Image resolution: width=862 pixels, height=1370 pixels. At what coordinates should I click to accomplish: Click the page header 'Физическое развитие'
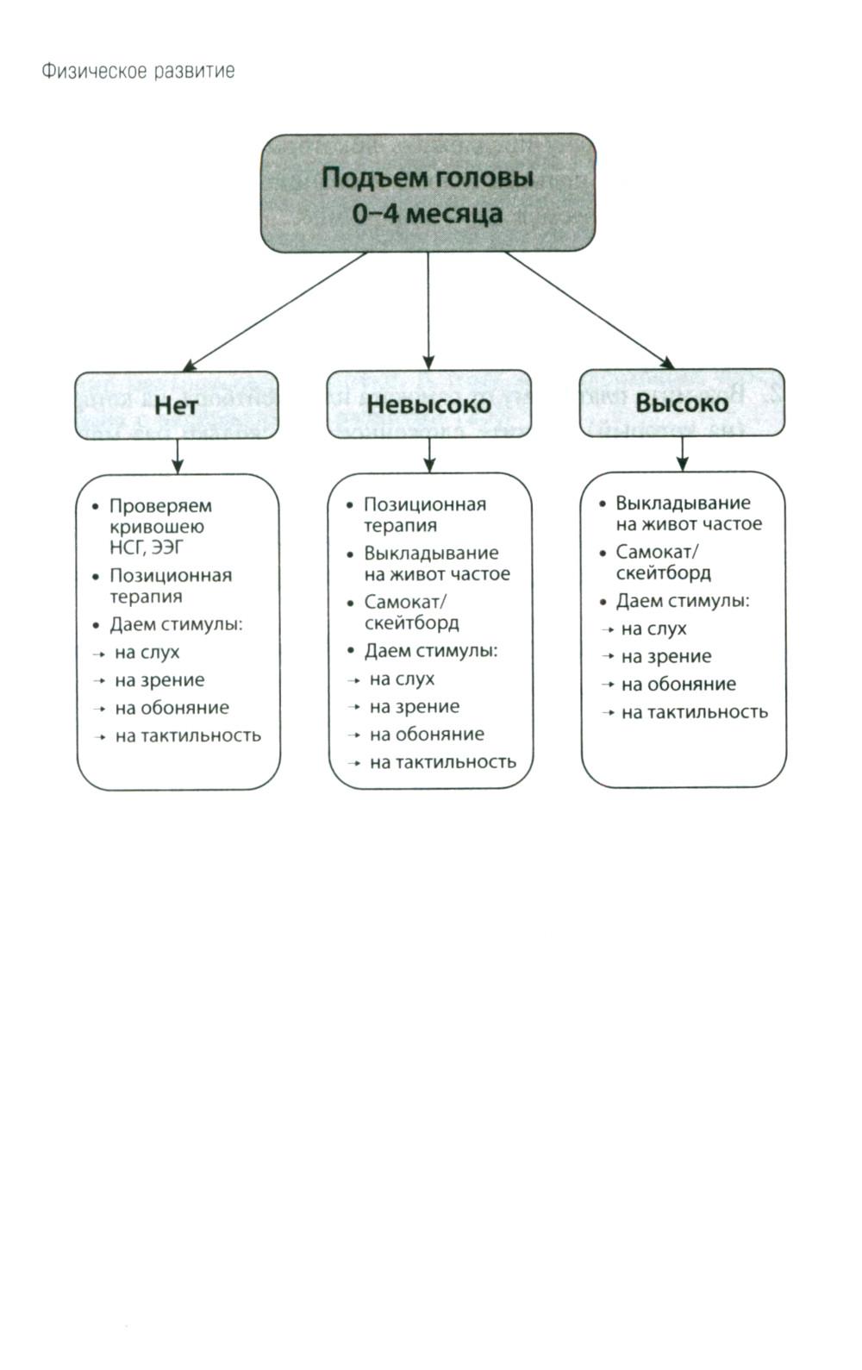pyautogui.click(x=138, y=71)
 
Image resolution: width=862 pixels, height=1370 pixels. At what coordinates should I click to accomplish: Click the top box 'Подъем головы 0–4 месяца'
pyautogui.click(x=428, y=194)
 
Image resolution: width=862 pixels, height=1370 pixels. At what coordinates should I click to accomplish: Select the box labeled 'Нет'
pyautogui.click(x=176, y=405)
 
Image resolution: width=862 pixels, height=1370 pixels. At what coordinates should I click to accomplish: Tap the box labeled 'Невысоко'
pyautogui.click(x=428, y=403)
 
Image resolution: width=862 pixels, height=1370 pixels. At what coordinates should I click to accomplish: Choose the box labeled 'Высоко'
pyautogui.click(x=682, y=403)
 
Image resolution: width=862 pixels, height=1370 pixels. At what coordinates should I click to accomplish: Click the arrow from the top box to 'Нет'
pyautogui.click(x=276, y=312)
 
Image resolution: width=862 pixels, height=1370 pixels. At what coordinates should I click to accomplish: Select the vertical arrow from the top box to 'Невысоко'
pyautogui.click(x=428, y=310)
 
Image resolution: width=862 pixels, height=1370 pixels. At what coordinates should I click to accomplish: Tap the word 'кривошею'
pyautogui.click(x=157, y=527)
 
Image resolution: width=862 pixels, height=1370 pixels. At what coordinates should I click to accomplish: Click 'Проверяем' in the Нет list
pyautogui.click(x=160, y=506)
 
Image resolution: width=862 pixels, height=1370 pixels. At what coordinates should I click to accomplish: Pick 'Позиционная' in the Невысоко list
pyautogui.click(x=425, y=504)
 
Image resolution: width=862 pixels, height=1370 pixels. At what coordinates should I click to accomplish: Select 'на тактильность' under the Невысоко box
pyautogui.click(x=442, y=762)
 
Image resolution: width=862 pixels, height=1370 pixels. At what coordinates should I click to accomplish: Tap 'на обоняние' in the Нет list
pyautogui.click(x=172, y=708)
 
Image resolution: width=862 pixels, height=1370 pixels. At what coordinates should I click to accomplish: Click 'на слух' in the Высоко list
pyautogui.click(x=653, y=629)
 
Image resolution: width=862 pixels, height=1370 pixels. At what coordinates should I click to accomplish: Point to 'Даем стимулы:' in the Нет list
pyautogui.click(x=176, y=624)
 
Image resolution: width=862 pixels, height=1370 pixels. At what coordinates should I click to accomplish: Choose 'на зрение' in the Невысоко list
pyautogui.click(x=414, y=707)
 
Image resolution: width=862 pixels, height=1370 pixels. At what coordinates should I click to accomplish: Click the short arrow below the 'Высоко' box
pyautogui.click(x=683, y=453)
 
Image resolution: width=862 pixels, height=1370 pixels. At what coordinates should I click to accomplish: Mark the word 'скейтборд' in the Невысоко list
pyautogui.click(x=411, y=622)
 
